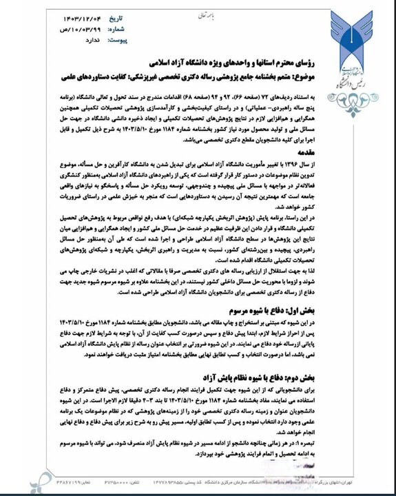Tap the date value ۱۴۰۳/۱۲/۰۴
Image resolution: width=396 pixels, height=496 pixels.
pyautogui.click(x=67, y=17)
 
